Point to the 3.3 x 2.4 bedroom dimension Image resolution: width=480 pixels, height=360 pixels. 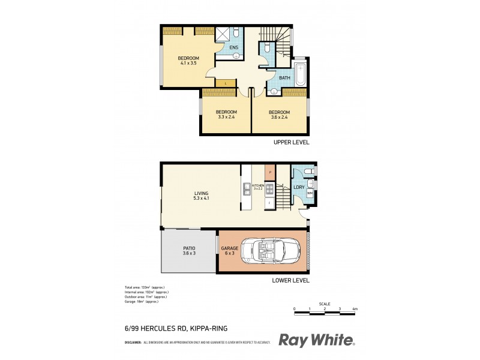click(x=226, y=118)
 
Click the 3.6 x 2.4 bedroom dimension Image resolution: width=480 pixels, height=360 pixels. click(x=279, y=118)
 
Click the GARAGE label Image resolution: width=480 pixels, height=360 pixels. click(x=230, y=248)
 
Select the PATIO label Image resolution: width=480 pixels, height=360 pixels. click(x=189, y=248)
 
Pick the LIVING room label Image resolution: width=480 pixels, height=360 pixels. click(x=200, y=193)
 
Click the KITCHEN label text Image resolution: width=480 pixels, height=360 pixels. click(x=258, y=185)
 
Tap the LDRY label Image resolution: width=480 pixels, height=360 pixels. click(x=298, y=188)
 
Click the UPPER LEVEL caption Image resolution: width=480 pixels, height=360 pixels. click(x=290, y=143)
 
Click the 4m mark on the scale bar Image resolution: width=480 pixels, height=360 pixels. click(x=355, y=309)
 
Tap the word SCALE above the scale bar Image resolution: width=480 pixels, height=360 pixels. click(x=325, y=304)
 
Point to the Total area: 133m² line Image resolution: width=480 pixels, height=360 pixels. click(x=141, y=287)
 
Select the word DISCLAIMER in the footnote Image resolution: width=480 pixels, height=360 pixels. click(x=133, y=342)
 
